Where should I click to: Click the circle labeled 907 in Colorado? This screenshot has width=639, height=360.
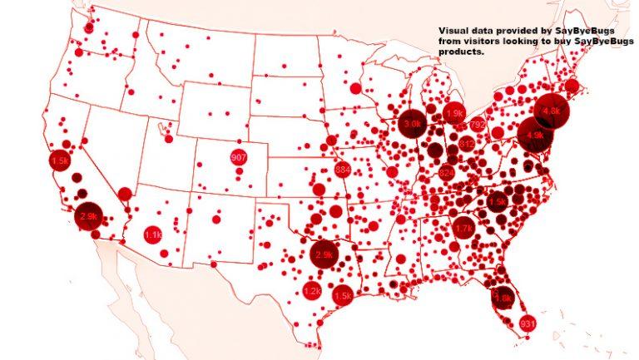(x=239, y=158)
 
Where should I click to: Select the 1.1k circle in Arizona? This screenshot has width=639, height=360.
(x=153, y=235)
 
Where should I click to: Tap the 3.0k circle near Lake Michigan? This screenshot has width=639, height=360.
(x=411, y=123)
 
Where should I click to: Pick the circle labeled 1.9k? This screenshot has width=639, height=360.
(x=455, y=113)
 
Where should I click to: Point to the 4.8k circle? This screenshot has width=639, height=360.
(x=552, y=110)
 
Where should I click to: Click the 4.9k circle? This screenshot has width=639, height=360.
(x=533, y=134)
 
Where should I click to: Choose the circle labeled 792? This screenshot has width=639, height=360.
(x=478, y=125)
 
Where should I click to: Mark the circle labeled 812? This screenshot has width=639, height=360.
(x=466, y=144)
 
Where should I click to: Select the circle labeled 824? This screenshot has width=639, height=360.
(x=447, y=173)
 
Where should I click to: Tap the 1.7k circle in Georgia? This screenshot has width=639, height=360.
(x=463, y=226)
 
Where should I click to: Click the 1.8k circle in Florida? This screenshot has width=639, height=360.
(x=504, y=298)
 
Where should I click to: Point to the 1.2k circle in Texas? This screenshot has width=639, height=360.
(x=312, y=291)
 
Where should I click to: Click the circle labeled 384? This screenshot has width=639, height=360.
(x=342, y=170)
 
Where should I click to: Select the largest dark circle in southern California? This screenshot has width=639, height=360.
(x=88, y=216)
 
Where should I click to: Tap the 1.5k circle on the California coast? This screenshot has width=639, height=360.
(x=59, y=160)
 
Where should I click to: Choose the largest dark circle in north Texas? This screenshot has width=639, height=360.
(x=324, y=254)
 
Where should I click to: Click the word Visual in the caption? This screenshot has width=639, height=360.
(x=454, y=30)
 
